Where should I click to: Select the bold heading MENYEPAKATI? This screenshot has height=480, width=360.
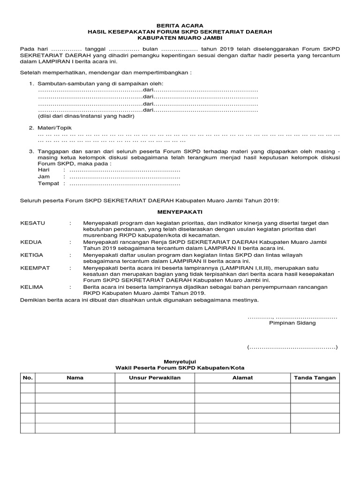180,212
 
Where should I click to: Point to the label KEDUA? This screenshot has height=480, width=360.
31,242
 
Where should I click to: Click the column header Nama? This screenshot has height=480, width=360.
75,377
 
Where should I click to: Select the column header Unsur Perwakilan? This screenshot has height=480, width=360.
155,377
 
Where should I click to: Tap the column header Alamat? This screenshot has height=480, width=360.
242,377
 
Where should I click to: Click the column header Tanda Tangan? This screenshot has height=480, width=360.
315,377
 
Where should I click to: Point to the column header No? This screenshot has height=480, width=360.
28,377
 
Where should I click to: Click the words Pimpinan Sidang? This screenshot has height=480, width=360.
292,323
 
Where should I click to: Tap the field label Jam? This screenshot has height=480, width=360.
44,177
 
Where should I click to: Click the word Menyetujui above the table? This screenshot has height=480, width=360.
180,361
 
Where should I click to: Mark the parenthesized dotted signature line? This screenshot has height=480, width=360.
292,347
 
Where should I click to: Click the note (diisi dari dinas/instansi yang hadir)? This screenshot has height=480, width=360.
86,116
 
